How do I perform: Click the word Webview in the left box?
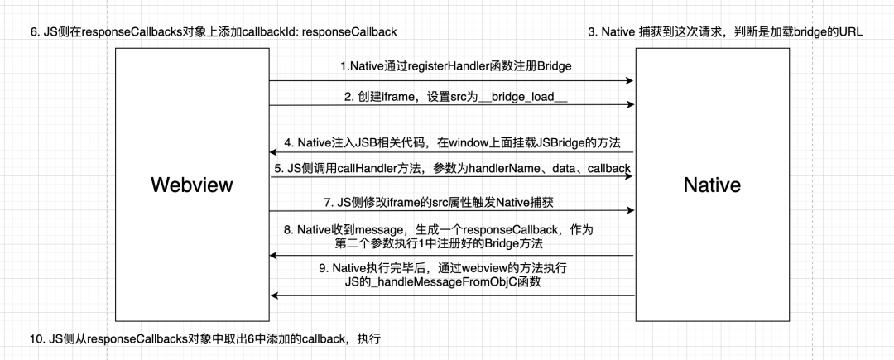pyautogui.click(x=192, y=185)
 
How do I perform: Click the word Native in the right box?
pyautogui.click(x=712, y=185)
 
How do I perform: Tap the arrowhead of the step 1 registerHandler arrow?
pyautogui.click(x=630, y=81)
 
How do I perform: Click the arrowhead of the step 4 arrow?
pyautogui.click(x=274, y=152)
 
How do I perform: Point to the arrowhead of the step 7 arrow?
pyautogui.click(x=630, y=210)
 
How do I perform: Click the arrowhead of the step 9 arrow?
pyautogui.click(x=275, y=295)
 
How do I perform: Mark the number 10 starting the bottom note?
pyautogui.click(x=36, y=339)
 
